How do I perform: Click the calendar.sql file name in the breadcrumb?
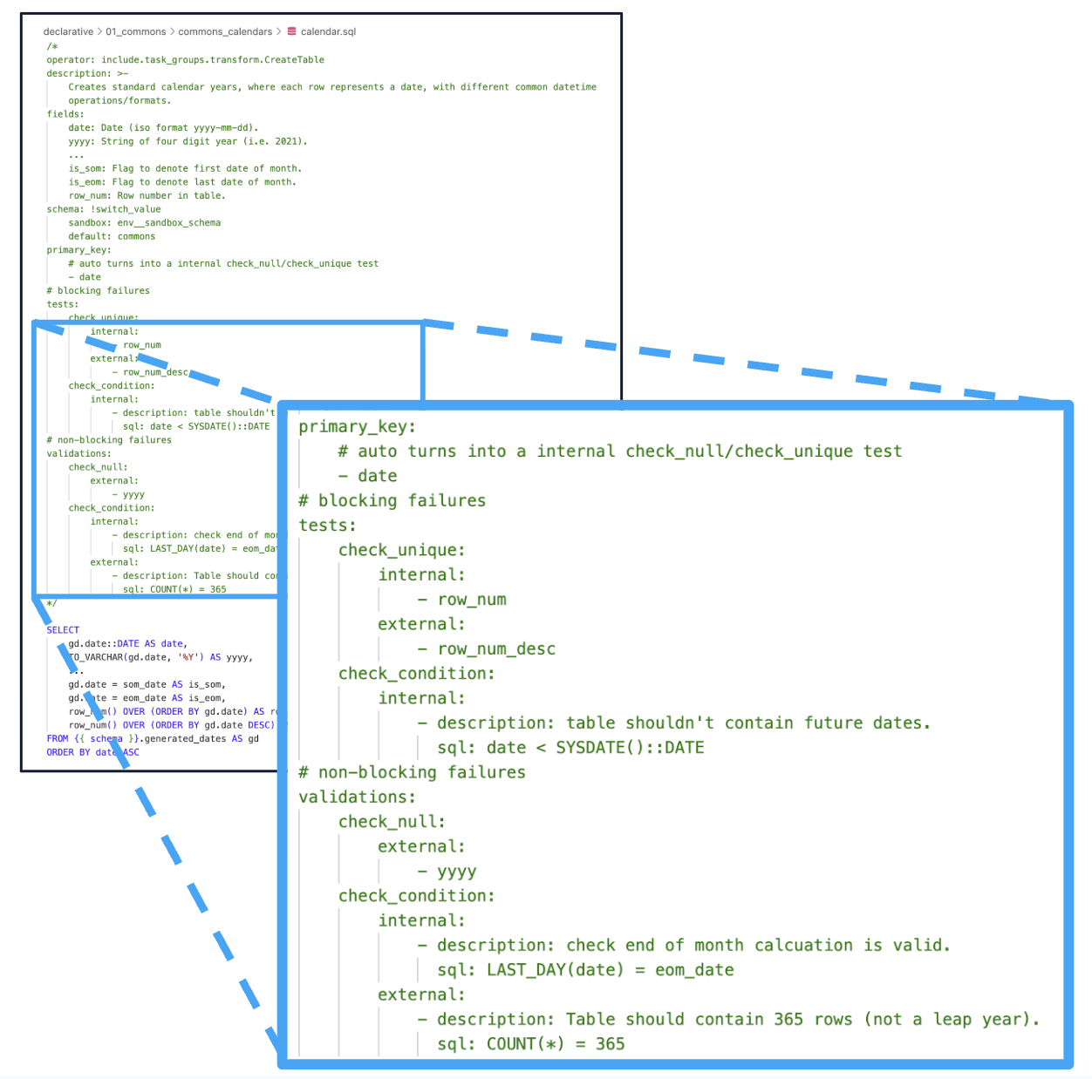pyautogui.click(x=328, y=31)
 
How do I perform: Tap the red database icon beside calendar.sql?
pyautogui.click(x=292, y=31)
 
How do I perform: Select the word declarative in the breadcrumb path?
pyautogui.click(x=68, y=31)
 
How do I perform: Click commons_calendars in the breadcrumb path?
pyautogui.click(x=225, y=31)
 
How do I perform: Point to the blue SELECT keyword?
pyautogui.click(x=63, y=630)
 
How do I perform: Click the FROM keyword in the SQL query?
pyautogui.click(x=58, y=739)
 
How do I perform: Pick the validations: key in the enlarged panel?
pyautogui.click(x=357, y=797)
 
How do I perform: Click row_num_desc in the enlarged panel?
pyautogui.click(x=496, y=649)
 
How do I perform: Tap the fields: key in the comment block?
pyautogui.click(x=65, y=114)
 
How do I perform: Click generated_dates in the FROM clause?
pyautogui.click(x=183, y=739)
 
